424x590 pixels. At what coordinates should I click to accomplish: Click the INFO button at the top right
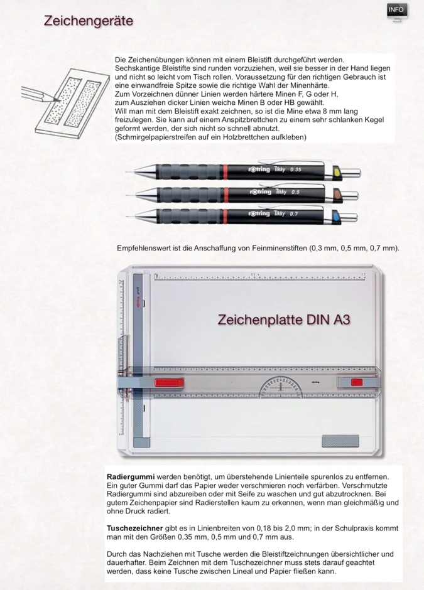tap(396, 10)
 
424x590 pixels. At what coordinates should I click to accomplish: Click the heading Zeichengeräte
tap(88, 21)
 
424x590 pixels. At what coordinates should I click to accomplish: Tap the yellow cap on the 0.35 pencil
tap(336, 170)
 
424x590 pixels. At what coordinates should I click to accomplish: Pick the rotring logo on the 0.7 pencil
tap(259, 213)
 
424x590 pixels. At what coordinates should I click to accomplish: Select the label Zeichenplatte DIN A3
tap(283, 320)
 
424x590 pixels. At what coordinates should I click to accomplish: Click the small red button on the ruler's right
tap(356, 382)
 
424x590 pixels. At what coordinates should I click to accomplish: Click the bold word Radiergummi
tap(131, 478)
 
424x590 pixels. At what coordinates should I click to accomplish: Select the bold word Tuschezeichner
tap(135, 528)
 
